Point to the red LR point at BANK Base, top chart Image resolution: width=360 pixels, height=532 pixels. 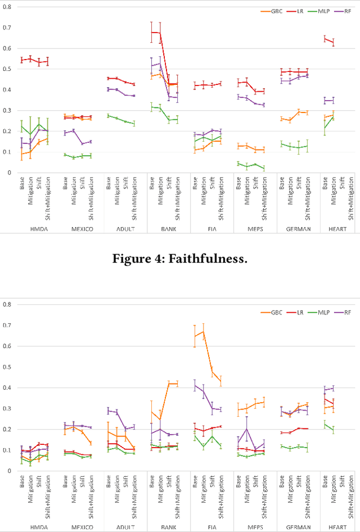click(x=152, y=33)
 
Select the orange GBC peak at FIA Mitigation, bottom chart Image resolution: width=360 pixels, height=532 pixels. click(x=203, y=331)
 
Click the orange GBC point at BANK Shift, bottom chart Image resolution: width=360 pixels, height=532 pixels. click(x=169, y=384)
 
